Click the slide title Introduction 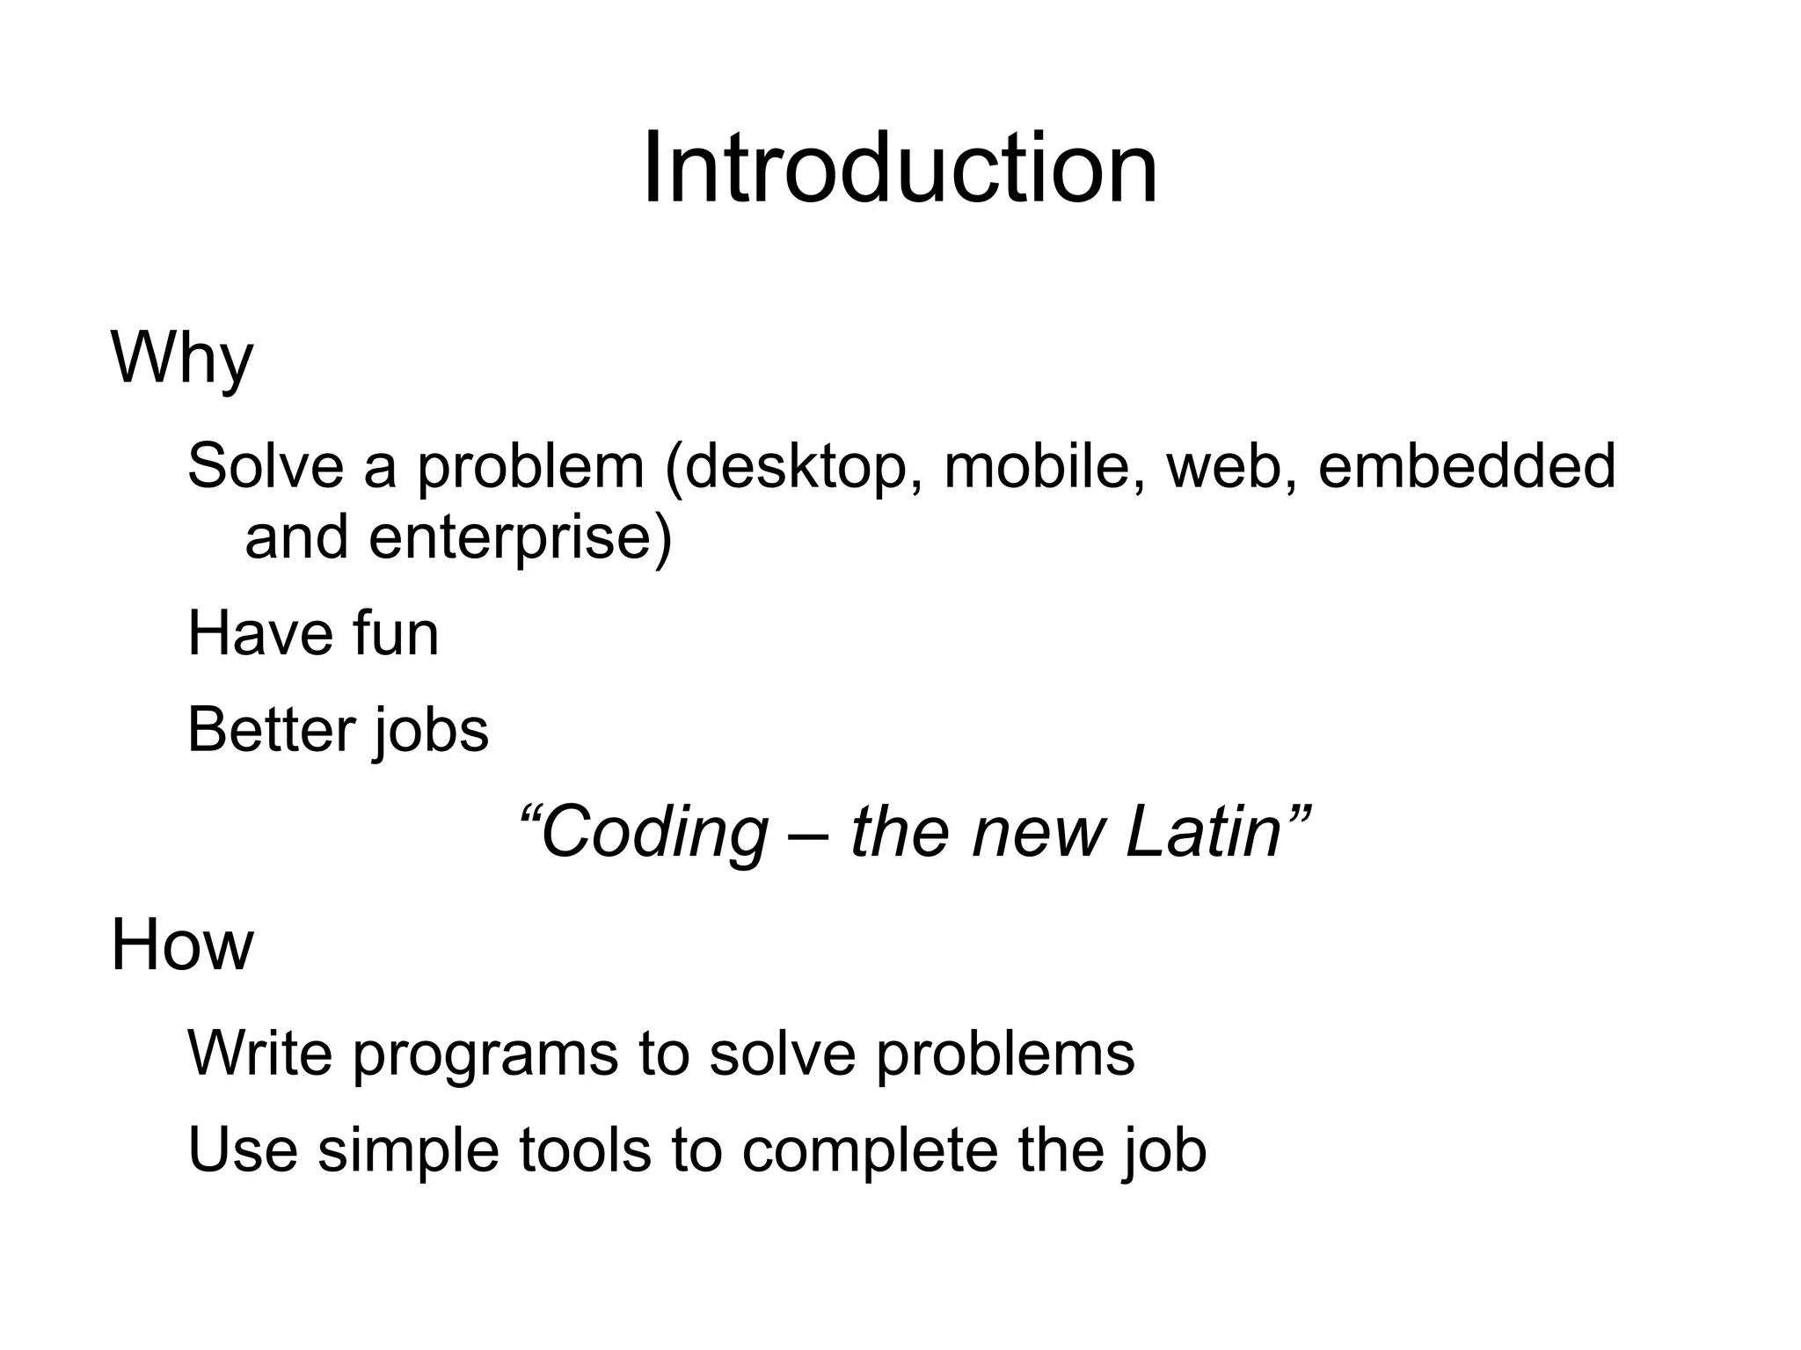tap(900, 168)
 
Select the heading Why tap(182, 359)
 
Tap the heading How tap(182, 945)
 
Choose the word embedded tap(1466, 466)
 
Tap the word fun tap(395, 634)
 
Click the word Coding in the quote tap(653, 833)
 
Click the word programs tap(485, 1055)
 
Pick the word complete tap(869, 1152)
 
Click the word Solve tap(265, 466)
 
